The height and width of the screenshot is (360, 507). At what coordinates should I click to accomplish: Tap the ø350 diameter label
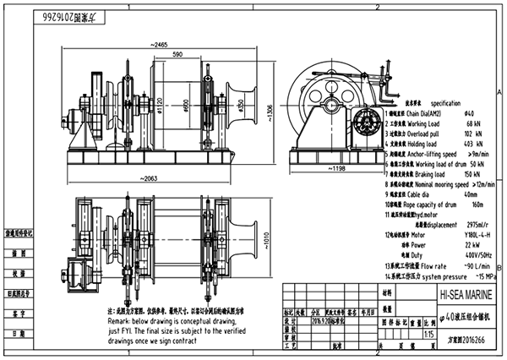pos(241,106)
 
